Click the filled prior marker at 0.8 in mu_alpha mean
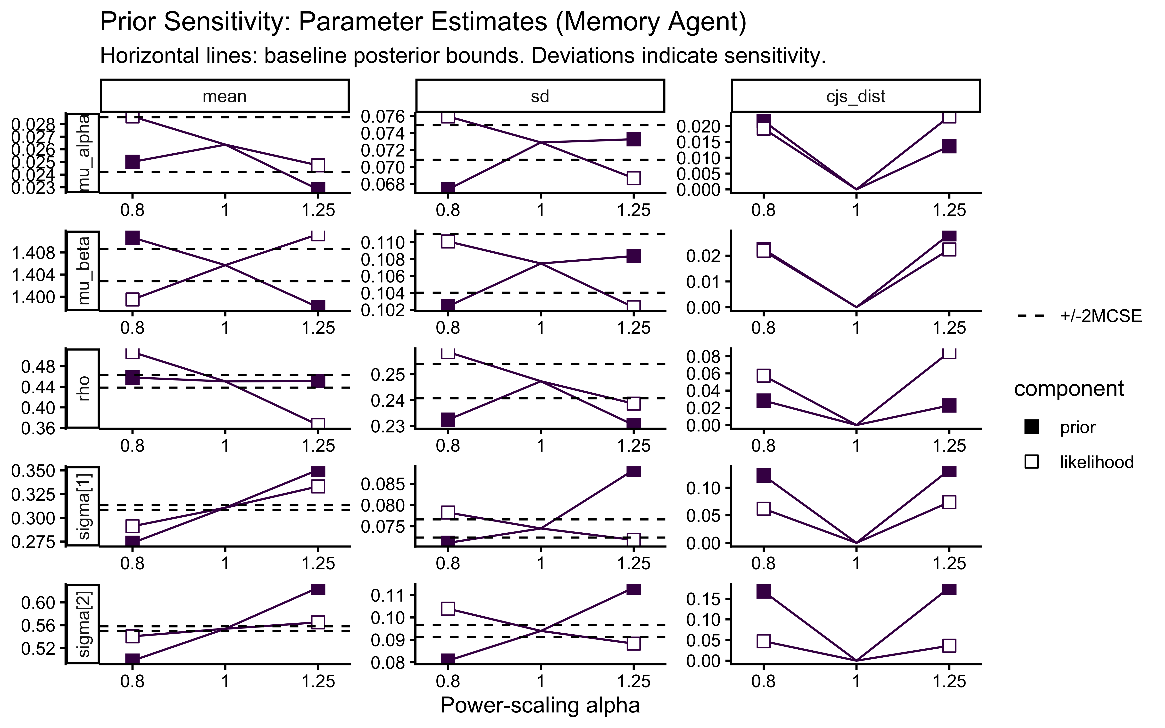pos(132,162)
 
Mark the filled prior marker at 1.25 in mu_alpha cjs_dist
pos(949,146)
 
